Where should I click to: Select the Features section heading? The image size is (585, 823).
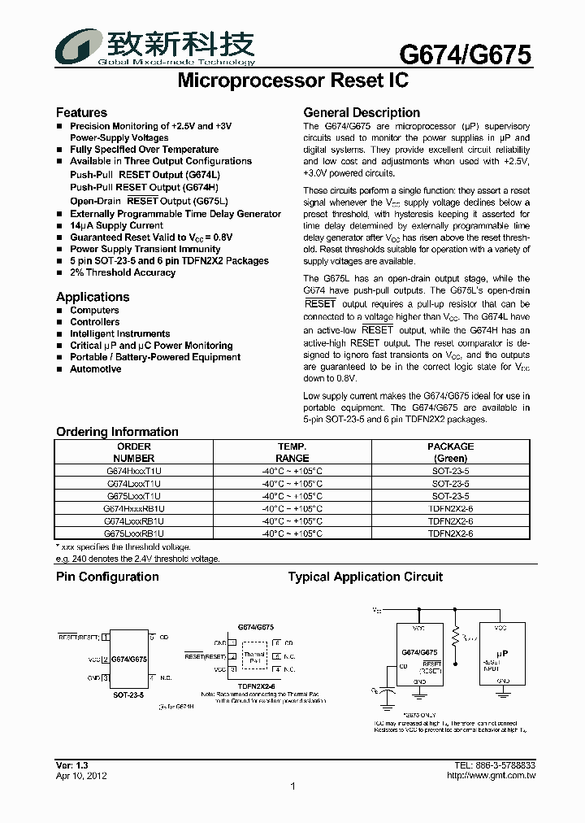(81, 113)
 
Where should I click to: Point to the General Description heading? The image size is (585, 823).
(362, 113)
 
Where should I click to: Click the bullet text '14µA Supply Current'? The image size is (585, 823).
(116, 225)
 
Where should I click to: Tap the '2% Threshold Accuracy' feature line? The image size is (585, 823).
(123, 272)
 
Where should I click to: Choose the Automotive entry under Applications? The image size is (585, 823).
(95, 369)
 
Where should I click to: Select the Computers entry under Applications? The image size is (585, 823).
(94, 310)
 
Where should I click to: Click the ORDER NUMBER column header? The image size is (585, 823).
(134, 452)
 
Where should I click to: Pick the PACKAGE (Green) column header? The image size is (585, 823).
(450, 452)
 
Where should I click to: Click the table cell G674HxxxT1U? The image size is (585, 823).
(134, 470)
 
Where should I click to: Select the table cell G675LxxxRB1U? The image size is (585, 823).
(134, 533)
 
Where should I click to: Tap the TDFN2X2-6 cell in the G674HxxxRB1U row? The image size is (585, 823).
(450, 508)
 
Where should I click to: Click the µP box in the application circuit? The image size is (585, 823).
(503, 653)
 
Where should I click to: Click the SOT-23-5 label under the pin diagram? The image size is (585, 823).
(128, 696)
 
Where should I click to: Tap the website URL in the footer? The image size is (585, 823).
(492, 776)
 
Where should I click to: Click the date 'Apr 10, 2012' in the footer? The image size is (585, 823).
(81, 776)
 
